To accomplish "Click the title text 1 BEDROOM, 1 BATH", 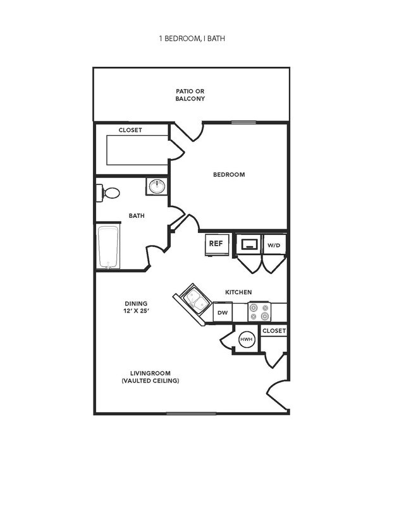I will click(x=192, y=39).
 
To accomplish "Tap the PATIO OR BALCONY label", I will click(x=190, y=95).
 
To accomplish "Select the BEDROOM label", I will click(x=229, y=175).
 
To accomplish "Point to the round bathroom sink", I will click(x=156, y=186).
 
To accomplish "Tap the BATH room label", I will click(x=137, y=216).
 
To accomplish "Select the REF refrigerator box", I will click(x=215, y=243).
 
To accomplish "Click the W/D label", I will click(x=273, y=244).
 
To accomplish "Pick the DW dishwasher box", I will click(x=223, y=312).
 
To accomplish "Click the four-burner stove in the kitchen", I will click(x=259, y=312).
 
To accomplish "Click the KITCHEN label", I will click(x=238, y=292).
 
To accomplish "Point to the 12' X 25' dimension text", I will click(x=135, y=311).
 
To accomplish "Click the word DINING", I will click(x=135, y=303).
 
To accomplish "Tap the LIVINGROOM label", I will click(x=150, y=373).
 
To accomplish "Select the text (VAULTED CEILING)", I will click(x=150, y=381).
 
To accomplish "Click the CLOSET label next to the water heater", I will click(x=274, y=331).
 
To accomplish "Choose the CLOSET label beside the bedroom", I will click(x=130, y=130).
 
